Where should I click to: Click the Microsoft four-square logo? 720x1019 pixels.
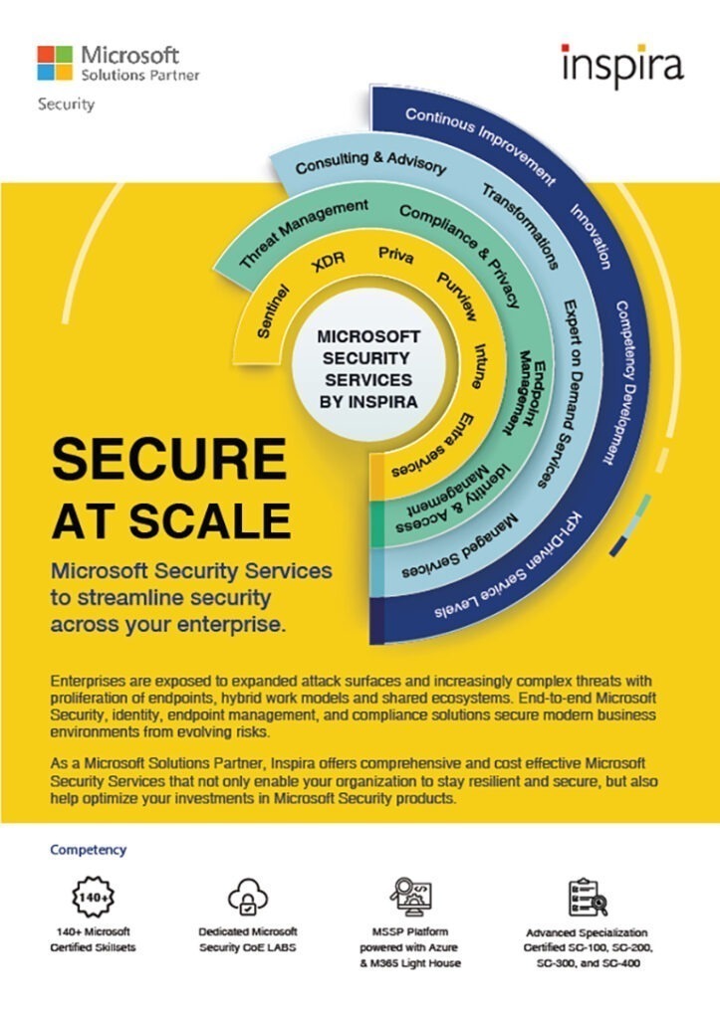click(55, 63)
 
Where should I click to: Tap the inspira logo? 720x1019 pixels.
click(622, 65)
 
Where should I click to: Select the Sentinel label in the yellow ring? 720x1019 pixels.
click(273, 311)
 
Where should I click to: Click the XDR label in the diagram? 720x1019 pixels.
click(329, 263)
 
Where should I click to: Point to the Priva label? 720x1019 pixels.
click(395, 255)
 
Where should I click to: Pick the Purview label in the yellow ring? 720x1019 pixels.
click(456, 297)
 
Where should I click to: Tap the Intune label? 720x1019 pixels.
click(479, 366)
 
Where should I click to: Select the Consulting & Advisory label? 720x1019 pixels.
click(370, 163)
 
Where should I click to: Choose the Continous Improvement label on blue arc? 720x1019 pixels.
click(481, 145)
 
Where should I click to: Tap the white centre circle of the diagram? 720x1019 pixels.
click(368, 368)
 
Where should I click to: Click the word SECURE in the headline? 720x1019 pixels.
click(169, 459)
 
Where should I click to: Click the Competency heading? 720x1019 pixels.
click(89, 850)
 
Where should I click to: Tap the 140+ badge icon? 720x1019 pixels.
click(93, 897)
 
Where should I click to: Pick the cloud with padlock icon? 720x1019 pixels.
click(248, 897)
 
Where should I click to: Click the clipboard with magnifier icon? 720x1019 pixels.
click(588, 898)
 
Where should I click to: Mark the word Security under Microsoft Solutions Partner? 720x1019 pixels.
click(66, 103)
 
